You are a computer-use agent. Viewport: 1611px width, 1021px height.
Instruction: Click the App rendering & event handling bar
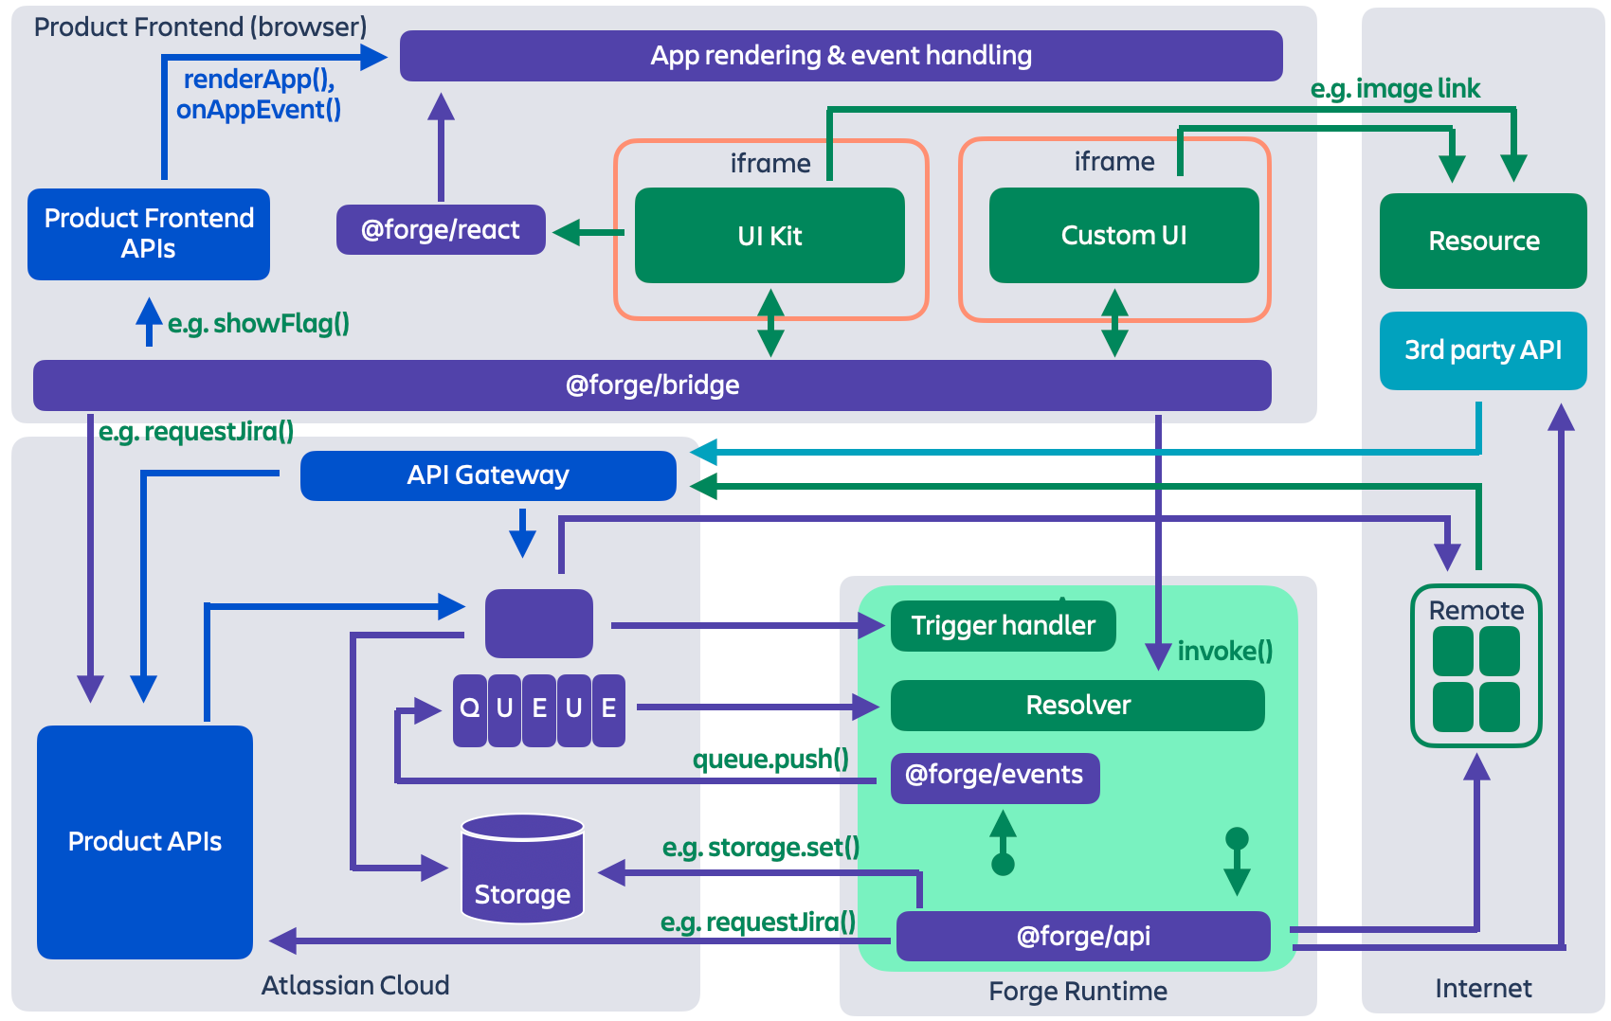pos(841,56)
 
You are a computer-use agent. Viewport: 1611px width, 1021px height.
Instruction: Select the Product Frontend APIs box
pos(149,234)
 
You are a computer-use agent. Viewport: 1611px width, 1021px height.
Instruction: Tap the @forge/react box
pos(441,230)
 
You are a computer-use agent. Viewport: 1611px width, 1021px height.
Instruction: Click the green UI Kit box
pos(769,236)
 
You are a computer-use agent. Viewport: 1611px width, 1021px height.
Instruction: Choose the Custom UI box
pos(1124,236)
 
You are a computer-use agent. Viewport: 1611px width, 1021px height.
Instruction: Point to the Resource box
pos(1483,242)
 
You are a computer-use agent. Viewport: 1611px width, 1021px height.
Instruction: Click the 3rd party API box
pos(1483,350)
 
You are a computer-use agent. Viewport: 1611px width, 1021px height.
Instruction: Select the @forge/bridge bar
pos(652,385)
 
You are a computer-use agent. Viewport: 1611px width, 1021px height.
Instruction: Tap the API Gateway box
pos(488,475)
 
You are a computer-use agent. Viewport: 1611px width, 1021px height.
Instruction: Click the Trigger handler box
pos(1003,626)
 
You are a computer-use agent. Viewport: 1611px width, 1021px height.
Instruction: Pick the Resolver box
pos(1077,706)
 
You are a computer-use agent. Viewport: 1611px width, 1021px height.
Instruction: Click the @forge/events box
pos(994,776)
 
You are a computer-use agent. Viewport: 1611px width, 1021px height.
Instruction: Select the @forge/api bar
pos(1083,937)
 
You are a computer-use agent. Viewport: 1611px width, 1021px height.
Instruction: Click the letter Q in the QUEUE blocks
pos(469,708)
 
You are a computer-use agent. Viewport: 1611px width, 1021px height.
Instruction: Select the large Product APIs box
pos(145,842)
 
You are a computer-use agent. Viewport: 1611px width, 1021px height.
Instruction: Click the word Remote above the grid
pos(1476,611)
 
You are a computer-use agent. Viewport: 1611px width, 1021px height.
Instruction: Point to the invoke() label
pos(1224,652)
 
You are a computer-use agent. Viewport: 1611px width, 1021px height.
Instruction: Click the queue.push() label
pos(770,760)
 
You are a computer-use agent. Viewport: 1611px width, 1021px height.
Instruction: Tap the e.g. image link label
pos(1395,89)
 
